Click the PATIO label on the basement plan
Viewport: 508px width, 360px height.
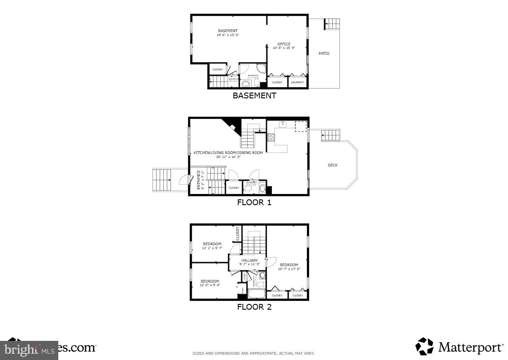(324, 53)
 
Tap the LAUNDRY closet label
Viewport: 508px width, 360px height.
(297, 82)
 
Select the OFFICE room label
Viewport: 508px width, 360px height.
(284, 44)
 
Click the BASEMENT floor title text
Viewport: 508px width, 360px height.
(254, 95)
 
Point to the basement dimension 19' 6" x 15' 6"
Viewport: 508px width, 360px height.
(228, 35)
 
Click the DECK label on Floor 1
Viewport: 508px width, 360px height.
(333, 165)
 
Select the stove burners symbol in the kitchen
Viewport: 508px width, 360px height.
(271, 138)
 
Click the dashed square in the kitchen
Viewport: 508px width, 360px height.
(301, 126)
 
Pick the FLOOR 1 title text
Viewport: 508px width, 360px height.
(254, 202)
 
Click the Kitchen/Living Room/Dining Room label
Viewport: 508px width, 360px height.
(228, 153)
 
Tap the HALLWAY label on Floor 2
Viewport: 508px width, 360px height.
(250, 261)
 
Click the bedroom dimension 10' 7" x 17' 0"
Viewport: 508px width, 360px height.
(289, 269)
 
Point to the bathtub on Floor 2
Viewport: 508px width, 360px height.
(256, 294)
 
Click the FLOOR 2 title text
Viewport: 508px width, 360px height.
(254, 307)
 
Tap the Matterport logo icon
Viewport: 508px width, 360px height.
(425, 347)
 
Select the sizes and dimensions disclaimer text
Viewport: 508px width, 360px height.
(254, 353)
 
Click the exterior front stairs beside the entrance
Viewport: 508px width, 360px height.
(162, 180)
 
